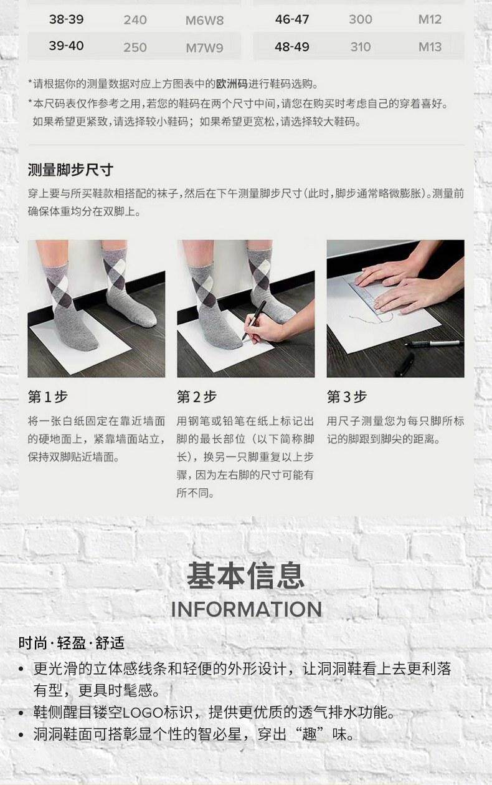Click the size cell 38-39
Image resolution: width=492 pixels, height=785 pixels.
click(x=66, y=19)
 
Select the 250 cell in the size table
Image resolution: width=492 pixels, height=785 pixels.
click(x=135, y=47)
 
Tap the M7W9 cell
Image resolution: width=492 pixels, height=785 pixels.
click(x=204, y=47)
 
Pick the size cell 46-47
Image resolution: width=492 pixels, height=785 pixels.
click(x=292, y=19)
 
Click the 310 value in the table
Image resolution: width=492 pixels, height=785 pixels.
click(x=361, y=47)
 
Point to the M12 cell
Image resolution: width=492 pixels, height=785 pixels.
click(x=430, y=19)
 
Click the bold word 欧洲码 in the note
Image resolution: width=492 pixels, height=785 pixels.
click(x=232, y=84)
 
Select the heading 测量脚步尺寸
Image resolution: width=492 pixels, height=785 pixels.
click(x=70, y=170)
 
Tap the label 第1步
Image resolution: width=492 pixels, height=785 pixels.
click(x=48, y=397)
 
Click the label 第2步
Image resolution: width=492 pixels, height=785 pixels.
click(x=197, y=397)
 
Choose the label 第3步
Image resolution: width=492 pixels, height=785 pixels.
click(x=347, y=397)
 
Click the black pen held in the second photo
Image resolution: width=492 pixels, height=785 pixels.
click(x=255, y=319)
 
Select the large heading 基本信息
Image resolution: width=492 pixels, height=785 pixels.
click(x=246, y=576)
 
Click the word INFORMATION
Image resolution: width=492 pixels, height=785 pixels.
click(x=246, y=609)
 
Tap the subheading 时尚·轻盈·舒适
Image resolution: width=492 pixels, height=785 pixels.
click(x=71, y=643)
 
